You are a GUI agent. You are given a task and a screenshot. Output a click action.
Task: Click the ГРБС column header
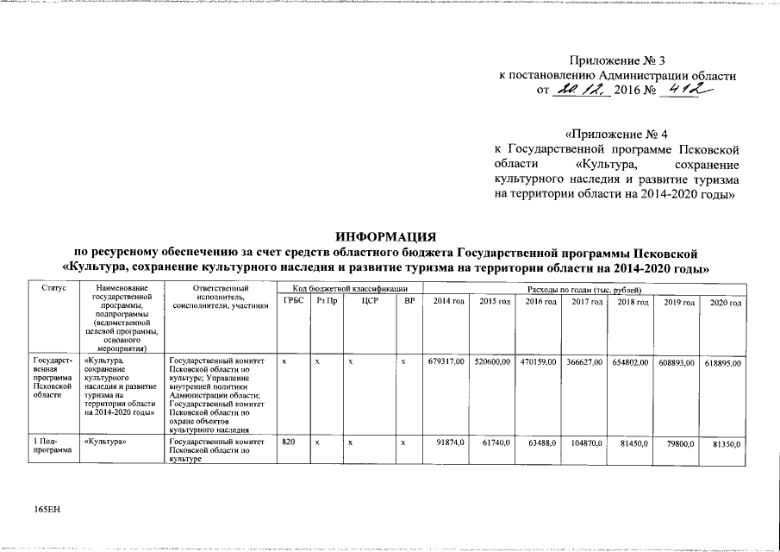coord(292,300)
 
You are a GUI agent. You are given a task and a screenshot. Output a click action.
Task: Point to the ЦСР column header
coord(371,300)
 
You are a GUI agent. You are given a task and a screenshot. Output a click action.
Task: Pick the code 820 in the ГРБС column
coord(290,442)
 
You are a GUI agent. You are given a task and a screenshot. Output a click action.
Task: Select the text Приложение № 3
coord(618,60)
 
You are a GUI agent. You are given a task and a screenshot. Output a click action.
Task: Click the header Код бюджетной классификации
coord(350,287)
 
